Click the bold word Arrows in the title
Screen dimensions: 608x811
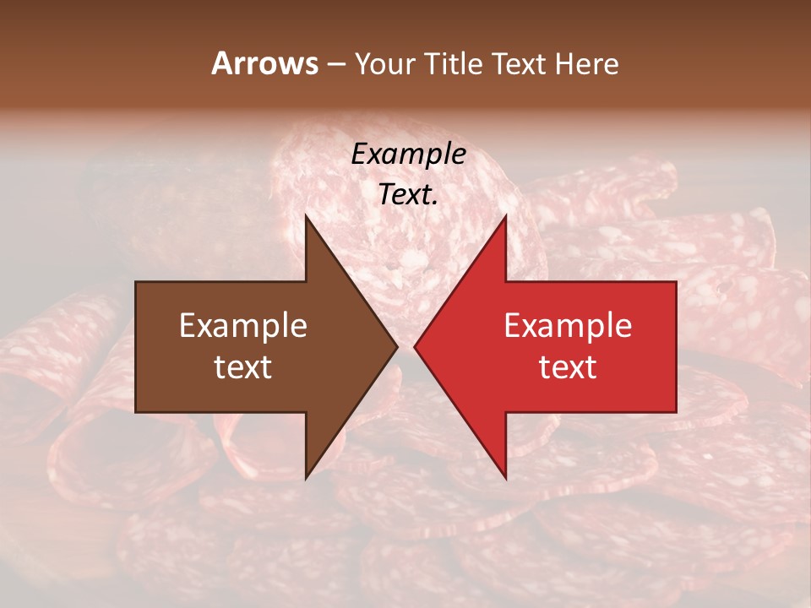265,63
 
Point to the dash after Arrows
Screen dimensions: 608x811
336,64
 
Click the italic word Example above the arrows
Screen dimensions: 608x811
408,155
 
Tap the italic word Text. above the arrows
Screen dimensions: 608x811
408,195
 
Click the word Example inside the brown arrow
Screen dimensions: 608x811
243,326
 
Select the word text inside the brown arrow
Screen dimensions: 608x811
243,367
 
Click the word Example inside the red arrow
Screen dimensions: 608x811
568,326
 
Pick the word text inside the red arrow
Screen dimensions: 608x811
568,367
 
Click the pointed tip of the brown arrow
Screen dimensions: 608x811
398,346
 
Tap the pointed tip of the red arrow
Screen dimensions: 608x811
414,346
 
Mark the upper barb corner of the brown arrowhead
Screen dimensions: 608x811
306,215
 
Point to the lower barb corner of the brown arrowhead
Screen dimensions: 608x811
306,479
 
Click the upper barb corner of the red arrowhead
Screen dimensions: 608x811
506,215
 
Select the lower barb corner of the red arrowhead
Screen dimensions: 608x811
506,479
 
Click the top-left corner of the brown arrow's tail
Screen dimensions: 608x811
136,282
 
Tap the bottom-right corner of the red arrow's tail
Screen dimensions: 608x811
676,412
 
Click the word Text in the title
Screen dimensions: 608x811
520,63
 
